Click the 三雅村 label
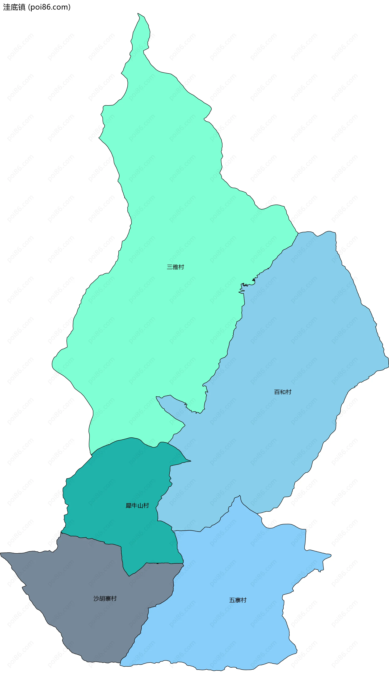175,267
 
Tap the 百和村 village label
283,392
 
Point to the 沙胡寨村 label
105,598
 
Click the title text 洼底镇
14,7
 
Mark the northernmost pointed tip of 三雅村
138,13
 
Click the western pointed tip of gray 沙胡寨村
1,553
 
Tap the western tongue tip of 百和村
157,397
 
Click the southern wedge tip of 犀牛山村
129,576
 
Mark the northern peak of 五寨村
240,496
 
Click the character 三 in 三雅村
170,267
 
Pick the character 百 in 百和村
277,392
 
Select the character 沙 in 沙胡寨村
96,598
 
